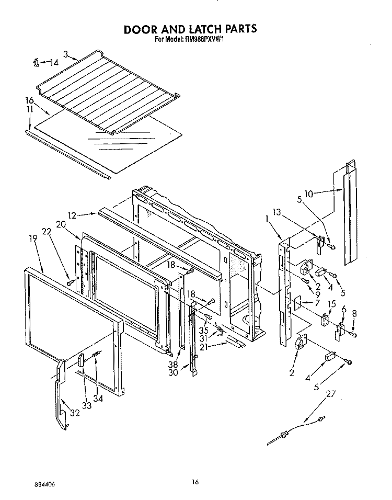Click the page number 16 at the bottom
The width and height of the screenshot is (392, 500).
195,482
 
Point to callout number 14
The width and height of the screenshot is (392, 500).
54,63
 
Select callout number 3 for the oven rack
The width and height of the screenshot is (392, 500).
66,53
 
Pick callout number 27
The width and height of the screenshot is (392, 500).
330,394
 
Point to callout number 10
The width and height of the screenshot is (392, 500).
308,194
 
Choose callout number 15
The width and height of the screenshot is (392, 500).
331,304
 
